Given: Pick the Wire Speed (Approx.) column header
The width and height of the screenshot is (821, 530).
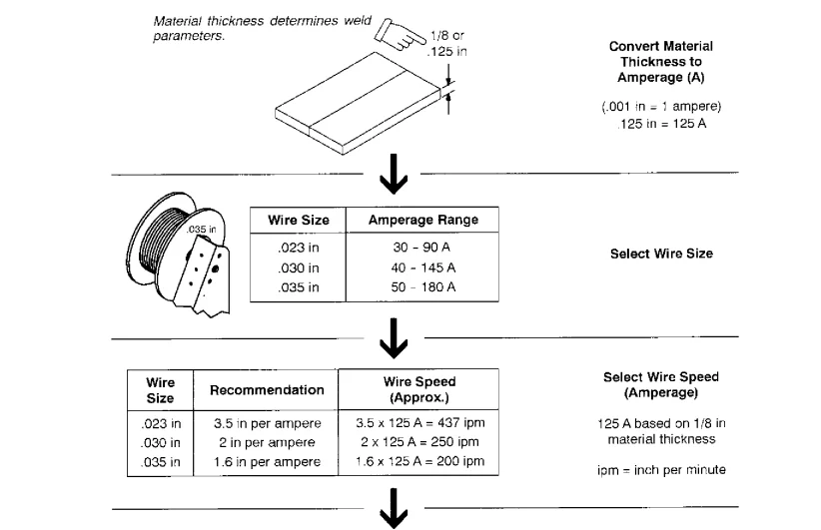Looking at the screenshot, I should (x=419, y=389).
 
